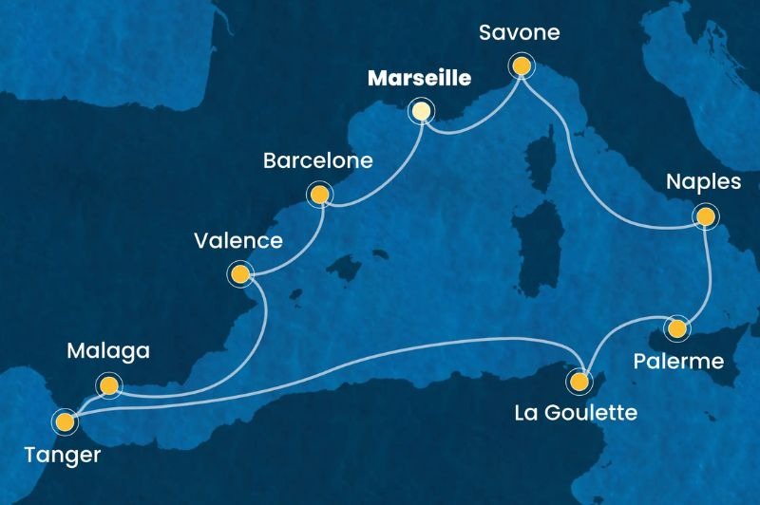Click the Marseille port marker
(x=420, y=111)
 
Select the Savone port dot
(x=521, y=65)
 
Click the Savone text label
(x=521, y=33)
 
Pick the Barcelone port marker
(x=318, y=196)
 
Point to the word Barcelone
(x=318, y=161)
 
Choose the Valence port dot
(x=239, y=275)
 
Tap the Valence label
(x=239, y=241)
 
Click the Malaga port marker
(x=110, y=385)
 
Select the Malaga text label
(x=110, y=352)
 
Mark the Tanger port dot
(x=65, y=419)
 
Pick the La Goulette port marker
(x=579, y=383)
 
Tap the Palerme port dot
(x=676, y=328)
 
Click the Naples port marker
(x=705, y=217)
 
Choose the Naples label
(x=703, y=182)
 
